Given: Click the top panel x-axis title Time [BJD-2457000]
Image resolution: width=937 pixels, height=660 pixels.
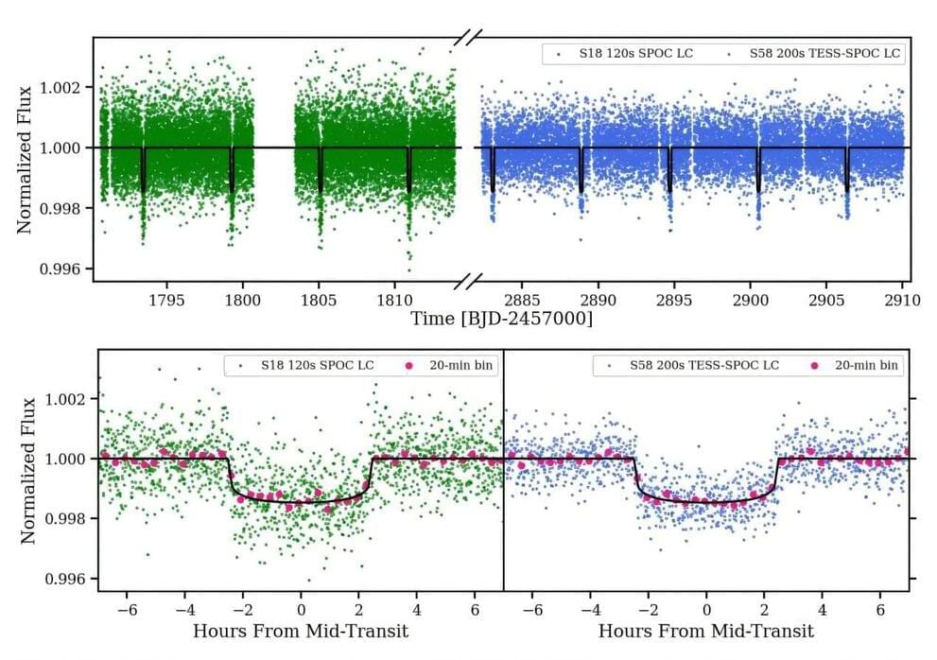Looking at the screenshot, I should tap(501, 320).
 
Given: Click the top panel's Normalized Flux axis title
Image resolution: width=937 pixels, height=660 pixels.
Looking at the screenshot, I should tap(26, 160).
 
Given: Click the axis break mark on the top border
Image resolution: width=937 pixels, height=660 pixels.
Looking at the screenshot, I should tap(468, 38).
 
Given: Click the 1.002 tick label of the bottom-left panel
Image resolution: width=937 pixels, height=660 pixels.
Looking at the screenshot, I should tap(68, 399).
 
